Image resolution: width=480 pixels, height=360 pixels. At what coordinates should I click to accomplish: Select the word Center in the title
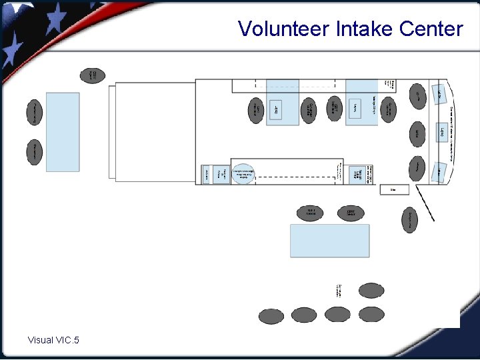pos(431,29)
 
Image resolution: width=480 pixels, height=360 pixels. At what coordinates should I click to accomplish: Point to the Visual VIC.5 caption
pos(53,341)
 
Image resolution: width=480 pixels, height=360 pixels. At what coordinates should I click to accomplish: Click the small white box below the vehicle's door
pos(393,190)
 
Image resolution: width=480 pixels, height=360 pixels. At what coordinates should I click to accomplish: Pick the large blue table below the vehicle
pos(329,241)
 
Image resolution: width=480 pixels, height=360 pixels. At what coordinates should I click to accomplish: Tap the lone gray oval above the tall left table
pos(93,75)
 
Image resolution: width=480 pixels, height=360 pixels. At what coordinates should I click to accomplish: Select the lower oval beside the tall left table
pos(36,153)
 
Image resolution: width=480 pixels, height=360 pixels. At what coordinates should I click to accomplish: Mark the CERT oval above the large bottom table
pos(351,213)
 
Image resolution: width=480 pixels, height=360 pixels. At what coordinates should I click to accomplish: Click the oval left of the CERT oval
pos(311,213)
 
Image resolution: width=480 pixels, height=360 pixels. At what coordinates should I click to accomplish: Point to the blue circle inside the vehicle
pos(244,174)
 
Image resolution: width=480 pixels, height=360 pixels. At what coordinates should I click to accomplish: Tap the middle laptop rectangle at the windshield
pos(441,132)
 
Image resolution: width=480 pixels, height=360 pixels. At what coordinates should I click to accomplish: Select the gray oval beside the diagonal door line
pos(409,219)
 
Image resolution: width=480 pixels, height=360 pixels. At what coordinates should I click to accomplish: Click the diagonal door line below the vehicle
pos(425,203)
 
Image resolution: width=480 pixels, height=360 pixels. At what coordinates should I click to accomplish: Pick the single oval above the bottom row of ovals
pos(371,291)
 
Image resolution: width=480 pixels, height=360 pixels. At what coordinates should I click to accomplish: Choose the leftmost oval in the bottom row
pos(271,316)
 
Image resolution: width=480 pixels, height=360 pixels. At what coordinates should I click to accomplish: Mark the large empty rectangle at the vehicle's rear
pos(155,131)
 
